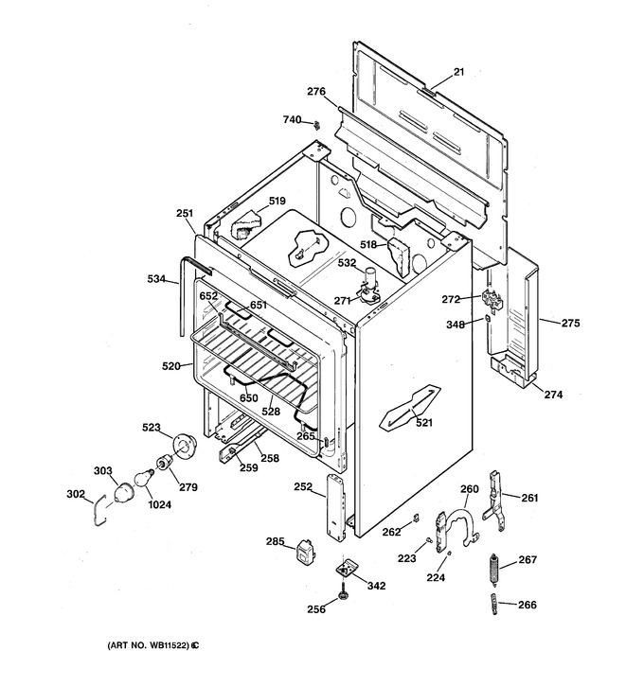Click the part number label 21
(458, 71)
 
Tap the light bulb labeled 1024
(144, 477)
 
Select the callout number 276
(316, 91)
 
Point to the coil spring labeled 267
(493, 570)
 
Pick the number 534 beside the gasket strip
(156, 278)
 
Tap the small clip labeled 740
(316, 125)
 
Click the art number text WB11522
(170, 645)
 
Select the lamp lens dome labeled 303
(122, 493)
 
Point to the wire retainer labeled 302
(98, 510)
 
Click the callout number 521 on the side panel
(423, 422)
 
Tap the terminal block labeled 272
(492, 301)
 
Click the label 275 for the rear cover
(570, 323)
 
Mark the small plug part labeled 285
(306, 552)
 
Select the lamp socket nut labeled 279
(164, 462)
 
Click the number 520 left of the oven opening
(171, 366)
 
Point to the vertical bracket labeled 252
(336, 506)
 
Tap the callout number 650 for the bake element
(248, 397)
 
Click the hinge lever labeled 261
(495, 501)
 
